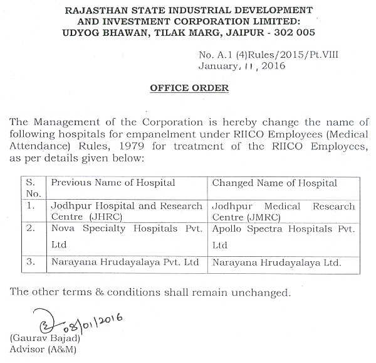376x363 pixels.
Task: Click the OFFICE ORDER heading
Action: [189, 89]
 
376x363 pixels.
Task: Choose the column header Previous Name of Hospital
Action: [113, 183]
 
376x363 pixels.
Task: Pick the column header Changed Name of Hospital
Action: [275, 183]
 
